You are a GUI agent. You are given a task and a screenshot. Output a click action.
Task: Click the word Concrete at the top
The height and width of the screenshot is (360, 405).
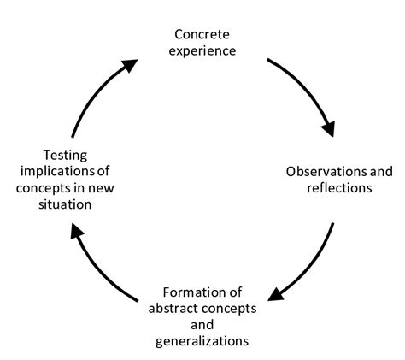(202, 35)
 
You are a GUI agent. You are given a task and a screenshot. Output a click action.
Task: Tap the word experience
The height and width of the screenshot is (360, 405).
(202, 50)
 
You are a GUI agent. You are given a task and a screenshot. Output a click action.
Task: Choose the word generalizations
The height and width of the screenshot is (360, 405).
(202, 341)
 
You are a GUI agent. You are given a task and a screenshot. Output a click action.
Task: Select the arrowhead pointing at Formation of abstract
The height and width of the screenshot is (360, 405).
(275, 294)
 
